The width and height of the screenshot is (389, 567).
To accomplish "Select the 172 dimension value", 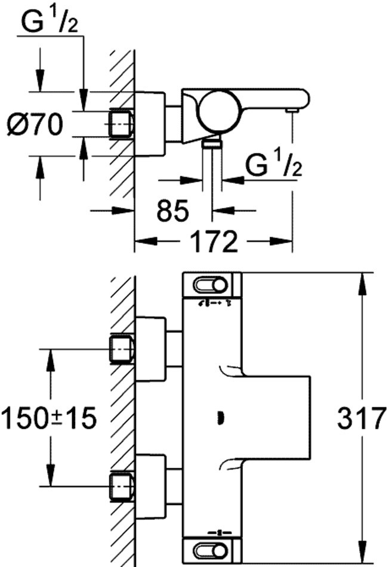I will (213, 242).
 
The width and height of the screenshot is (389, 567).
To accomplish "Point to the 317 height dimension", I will (362, 418).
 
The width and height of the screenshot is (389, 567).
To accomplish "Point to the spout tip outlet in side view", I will (292, 110).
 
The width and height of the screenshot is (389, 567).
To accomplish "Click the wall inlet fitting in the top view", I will (122, 124).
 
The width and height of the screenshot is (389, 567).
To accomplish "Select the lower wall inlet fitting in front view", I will (122, 485).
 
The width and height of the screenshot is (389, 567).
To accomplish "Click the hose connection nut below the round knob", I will (211, 143).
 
